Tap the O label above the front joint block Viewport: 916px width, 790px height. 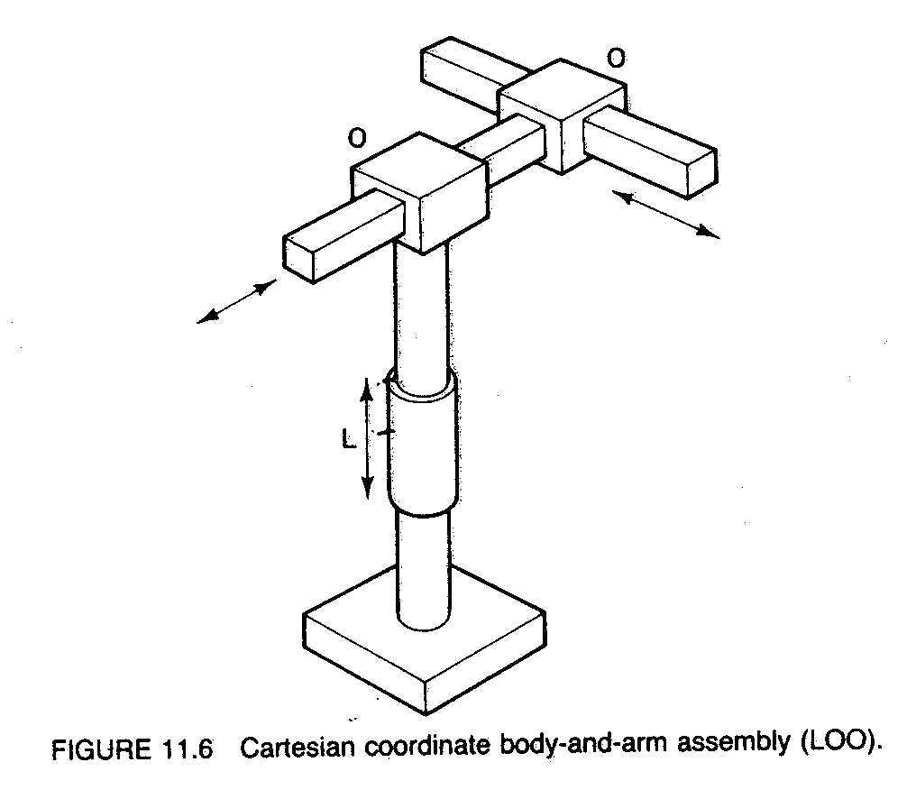(358, 138)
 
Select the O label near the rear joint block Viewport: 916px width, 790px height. (616, 60)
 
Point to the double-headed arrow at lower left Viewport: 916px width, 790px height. (237, 301)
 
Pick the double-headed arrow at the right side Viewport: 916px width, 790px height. (668, 214)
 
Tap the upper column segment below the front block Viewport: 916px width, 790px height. (420, 311)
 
